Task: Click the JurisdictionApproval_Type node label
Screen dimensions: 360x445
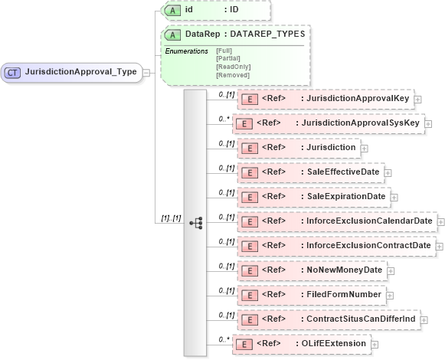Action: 80,72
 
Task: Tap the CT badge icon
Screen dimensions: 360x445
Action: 12,72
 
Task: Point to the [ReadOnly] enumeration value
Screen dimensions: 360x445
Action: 233,67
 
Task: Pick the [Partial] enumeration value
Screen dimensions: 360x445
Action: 228,58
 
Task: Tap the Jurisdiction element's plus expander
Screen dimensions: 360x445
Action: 364,147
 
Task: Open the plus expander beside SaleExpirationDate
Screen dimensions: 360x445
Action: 394,197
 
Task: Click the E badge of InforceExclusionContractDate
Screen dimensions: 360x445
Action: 247,245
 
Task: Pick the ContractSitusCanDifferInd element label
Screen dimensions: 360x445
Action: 360,319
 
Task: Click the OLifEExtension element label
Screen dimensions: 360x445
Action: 334,343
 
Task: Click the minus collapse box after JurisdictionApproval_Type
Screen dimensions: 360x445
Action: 146,72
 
